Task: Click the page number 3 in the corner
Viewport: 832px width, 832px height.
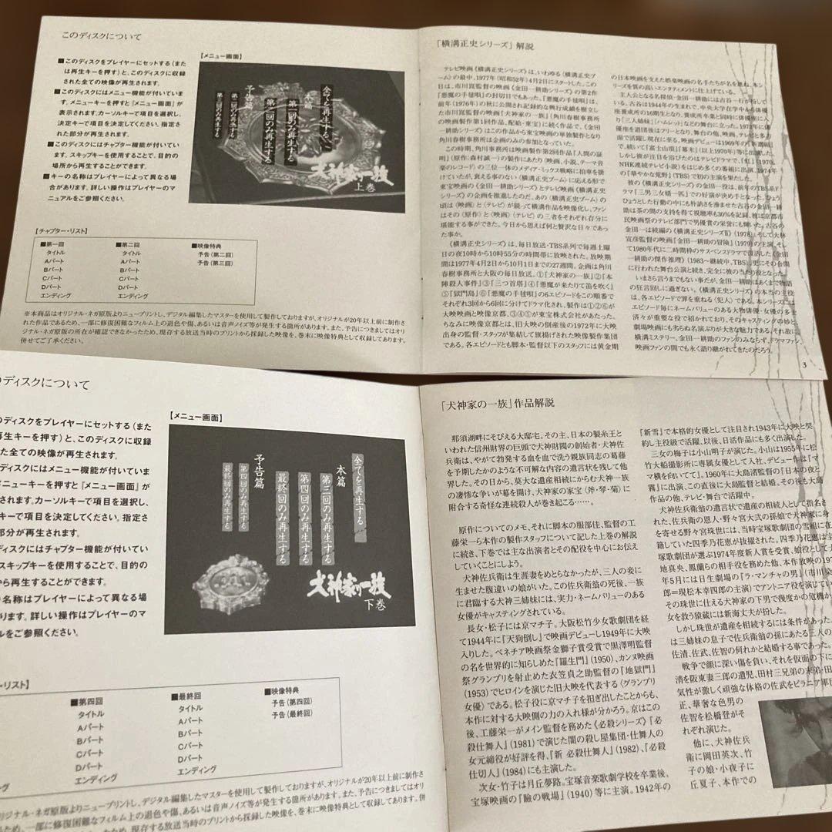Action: pos(803,365)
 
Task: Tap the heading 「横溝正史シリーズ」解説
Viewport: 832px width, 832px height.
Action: pos(478,45)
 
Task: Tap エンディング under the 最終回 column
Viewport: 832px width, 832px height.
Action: pos(199,771)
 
